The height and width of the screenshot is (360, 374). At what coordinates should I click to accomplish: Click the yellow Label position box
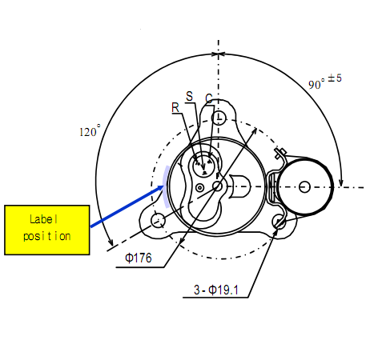pos(47,230)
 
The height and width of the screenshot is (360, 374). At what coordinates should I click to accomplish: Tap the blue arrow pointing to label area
pos(127,206)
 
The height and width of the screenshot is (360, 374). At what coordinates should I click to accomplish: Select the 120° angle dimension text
pos(90,130)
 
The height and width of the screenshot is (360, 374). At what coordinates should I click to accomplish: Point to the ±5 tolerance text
pos(335,78)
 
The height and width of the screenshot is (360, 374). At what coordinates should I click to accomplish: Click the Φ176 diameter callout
pos(139,258)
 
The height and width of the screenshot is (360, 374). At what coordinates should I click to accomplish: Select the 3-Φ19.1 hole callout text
pos(216,290)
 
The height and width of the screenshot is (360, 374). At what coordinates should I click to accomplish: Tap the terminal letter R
pos(175,108)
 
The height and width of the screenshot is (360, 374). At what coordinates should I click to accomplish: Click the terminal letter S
pos(189,96)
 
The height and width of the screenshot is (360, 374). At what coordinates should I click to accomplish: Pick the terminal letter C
pos(209,98)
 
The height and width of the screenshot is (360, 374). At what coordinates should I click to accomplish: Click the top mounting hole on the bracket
pos(219,118)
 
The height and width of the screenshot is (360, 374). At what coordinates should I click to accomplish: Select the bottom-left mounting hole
pos(158,221)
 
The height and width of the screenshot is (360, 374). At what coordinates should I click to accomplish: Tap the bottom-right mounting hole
pos(279,222)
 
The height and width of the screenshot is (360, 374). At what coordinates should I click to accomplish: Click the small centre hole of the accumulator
pos(304,186)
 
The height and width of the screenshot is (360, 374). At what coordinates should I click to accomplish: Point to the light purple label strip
pos(166,186)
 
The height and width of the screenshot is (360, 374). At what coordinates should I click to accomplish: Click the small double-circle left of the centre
pos(199,188)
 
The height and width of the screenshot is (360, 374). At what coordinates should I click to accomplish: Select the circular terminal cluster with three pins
pos(203,166)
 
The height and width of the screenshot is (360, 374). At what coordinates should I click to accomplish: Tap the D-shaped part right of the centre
pos(240,186)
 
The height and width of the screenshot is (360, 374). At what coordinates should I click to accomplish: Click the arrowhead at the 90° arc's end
pos(340,182)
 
